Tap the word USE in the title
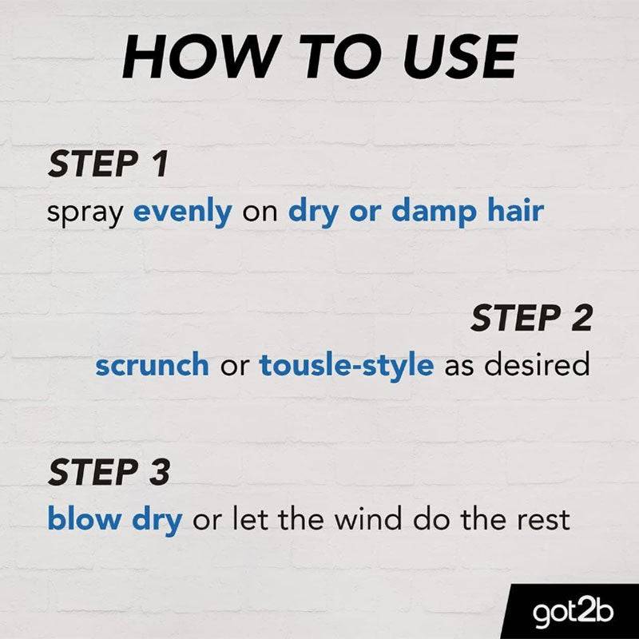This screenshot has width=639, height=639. point(460,57)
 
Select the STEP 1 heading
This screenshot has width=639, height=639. point(108,164)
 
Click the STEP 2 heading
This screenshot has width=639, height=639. point(531,318)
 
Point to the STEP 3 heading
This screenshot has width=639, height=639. point(109,471)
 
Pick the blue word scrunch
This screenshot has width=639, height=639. point(152,364)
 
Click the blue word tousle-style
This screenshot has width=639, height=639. point(347,366)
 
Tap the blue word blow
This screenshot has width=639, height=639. point(85,518)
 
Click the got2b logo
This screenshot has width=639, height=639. point(573,611)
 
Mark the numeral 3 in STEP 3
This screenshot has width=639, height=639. point(158,471)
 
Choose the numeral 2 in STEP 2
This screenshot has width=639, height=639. point(581,318)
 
